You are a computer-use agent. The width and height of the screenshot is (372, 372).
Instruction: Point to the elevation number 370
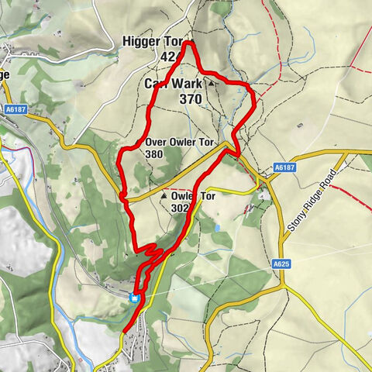coord(191,98)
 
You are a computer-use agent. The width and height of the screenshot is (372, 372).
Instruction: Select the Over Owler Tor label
coord(178,142)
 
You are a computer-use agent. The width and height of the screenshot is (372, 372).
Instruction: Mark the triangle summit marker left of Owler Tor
coord(164,197)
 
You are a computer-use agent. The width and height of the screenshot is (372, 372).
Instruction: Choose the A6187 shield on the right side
coord(284,167)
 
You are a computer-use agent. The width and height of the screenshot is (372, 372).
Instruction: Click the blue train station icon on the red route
coord(135,297)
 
